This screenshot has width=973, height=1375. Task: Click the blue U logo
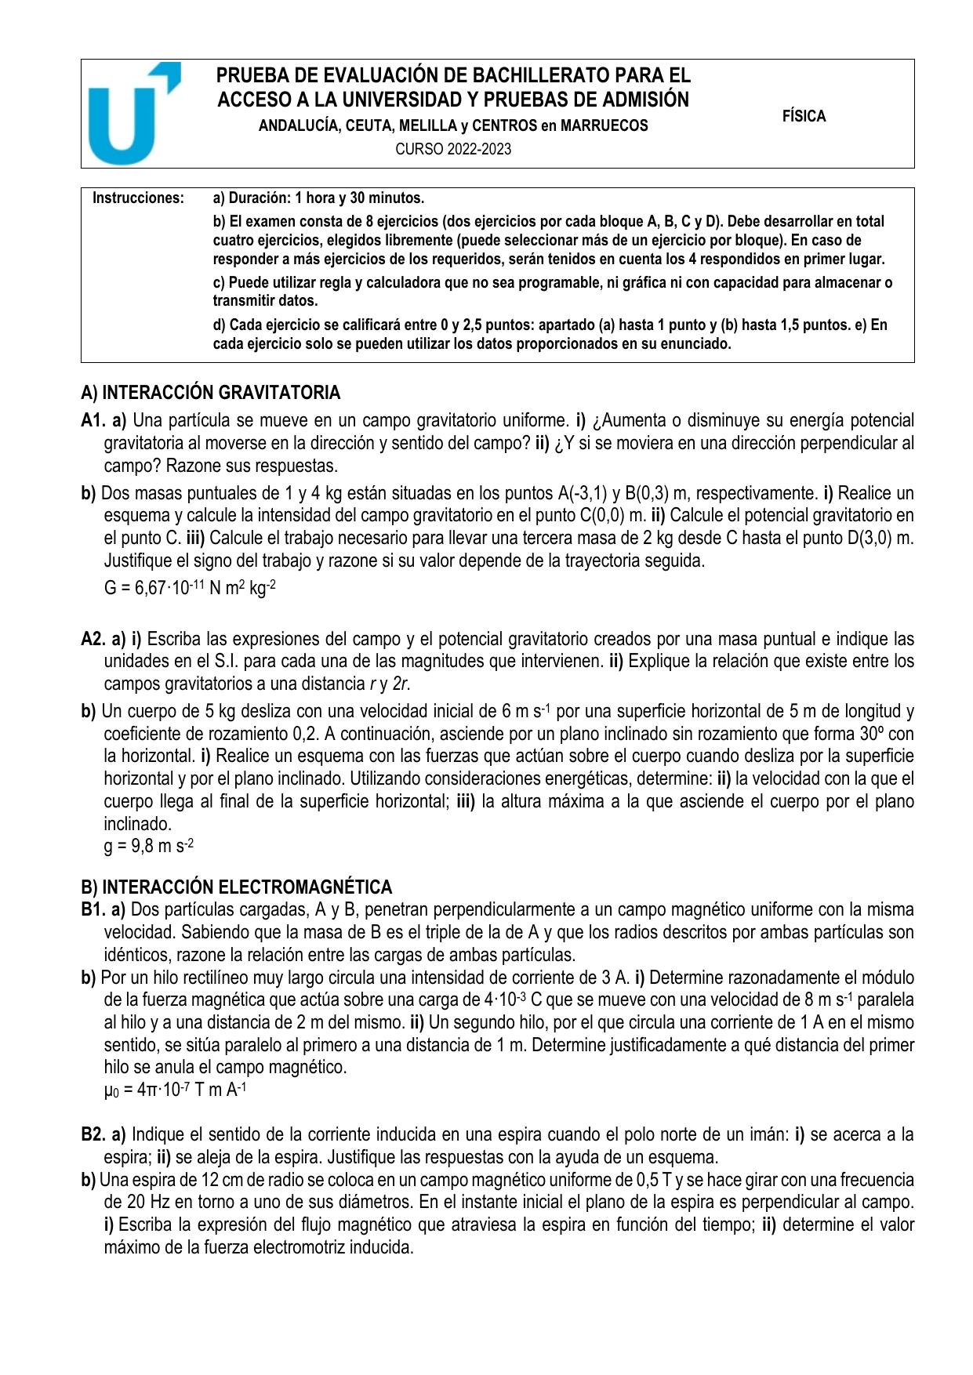[x=132, y=114]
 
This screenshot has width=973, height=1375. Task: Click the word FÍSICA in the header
[x=804, y=117]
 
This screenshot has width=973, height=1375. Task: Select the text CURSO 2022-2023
[x=453, y=149]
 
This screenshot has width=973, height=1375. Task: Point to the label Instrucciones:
[x=138, y=198]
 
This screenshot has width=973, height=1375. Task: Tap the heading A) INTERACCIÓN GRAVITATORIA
[x=211, y=392]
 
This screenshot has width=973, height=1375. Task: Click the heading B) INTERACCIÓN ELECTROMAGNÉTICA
[x=236, y=887]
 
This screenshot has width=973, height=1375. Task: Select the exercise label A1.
[x=93, y=420]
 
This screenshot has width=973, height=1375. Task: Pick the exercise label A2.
[x=93, y=639]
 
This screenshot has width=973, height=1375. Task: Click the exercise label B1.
[x=93, y=909]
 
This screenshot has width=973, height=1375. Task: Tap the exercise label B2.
[x=93, y=1134]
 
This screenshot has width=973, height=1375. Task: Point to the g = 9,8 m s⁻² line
[x=149, y=847]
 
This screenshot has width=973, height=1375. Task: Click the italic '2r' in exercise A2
[x=403, y=684]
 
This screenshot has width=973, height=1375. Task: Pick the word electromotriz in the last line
[x=300, y=1247]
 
